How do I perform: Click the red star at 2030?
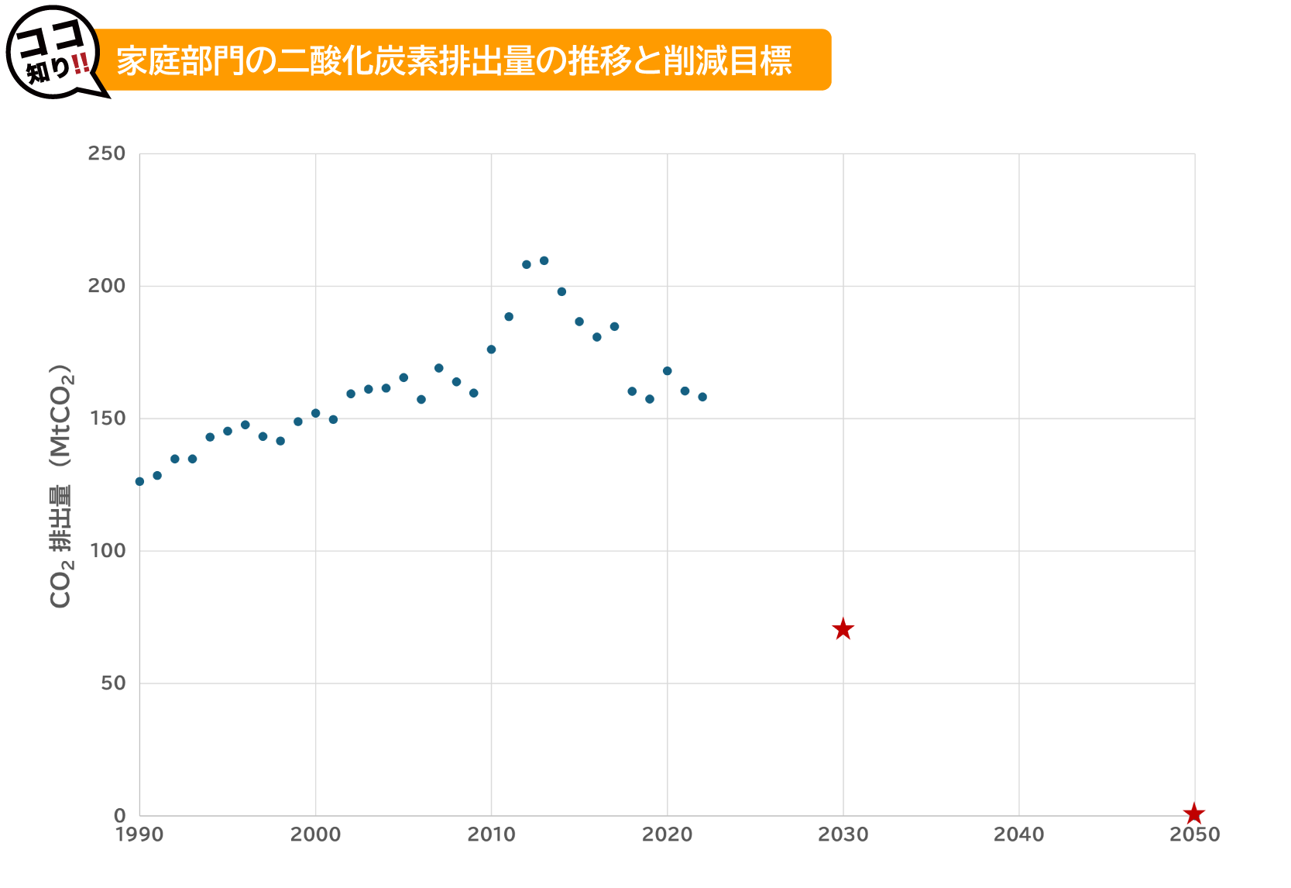pos(843,629)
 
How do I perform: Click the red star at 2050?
pos(1194,814)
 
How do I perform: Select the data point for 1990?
pos(139,481)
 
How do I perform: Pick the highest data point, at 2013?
pos(544,260)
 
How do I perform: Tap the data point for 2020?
pos(667,371)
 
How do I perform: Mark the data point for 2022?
pos(702,397)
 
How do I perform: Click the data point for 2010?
pos(491,349)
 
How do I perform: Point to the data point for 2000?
pos(315,413)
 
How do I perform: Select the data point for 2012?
pos(527,264)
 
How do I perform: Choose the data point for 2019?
pos(650,399)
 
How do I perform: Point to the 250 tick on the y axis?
pos(106,153)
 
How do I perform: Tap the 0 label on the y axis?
pos(119,815)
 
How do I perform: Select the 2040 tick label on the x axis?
pos(1018,835)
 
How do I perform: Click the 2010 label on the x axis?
pos(491,835)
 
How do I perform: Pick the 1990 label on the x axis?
pos(139,835)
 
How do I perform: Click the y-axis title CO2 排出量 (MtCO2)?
pos(60,485)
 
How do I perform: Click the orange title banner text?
pos(454,60)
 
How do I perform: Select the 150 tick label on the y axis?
pos(106,418)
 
